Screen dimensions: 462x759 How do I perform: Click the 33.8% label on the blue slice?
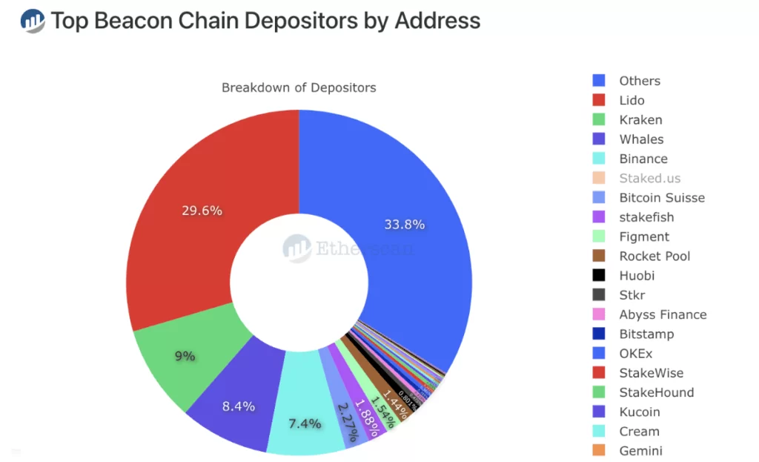[404, 224]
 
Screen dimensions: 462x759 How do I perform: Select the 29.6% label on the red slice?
[202, 210]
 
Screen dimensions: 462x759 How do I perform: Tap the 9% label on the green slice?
[185, 356]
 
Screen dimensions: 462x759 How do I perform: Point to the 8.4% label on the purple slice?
[239, 406]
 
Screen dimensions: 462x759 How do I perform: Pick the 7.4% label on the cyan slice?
[305, 423]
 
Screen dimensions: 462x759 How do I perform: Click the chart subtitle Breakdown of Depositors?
[299, 88]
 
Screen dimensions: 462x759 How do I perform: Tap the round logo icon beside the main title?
[33, 21]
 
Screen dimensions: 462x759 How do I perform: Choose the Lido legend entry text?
[632, 100]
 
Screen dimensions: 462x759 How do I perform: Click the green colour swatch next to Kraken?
[599, 119]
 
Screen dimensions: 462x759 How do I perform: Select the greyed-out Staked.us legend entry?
[649, 178]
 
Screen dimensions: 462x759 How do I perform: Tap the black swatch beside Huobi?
[599, 275]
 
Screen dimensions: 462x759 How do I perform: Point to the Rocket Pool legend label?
[654, 256]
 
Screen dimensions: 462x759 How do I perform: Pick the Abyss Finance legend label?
[663, 314]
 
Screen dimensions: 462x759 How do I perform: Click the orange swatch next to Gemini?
[599, 450]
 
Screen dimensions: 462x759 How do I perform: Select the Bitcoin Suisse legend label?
[662, 197]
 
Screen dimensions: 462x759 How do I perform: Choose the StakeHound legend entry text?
[656, 392]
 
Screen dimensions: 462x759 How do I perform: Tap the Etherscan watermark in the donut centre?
[348, 248]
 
